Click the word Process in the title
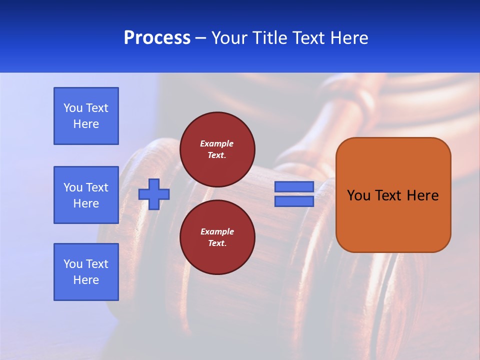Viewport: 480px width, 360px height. click(157, 38)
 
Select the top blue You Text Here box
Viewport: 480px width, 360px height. click(86, 116)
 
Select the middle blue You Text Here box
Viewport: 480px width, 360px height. click(86, 195)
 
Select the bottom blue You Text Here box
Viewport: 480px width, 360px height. click(86, 272)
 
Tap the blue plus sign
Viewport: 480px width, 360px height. click(154, 194)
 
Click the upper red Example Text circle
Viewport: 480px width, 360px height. click(217, 149)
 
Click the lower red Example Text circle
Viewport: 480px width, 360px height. click(217, 237)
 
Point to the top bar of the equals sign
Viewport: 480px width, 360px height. click(294, 187)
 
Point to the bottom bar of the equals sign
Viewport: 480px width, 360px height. click(294, 201)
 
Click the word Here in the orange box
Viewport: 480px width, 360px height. click(422, 195)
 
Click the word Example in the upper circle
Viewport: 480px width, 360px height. click(217, 143)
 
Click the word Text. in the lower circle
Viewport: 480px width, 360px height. click(217, 243)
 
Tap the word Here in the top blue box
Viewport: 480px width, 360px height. click(86, 124)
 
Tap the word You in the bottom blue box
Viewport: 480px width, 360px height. click(73, 264)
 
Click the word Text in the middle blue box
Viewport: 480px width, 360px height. click(97, 187)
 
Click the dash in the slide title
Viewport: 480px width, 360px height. click(200, 38)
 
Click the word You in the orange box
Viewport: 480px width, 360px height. click(358, 195)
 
